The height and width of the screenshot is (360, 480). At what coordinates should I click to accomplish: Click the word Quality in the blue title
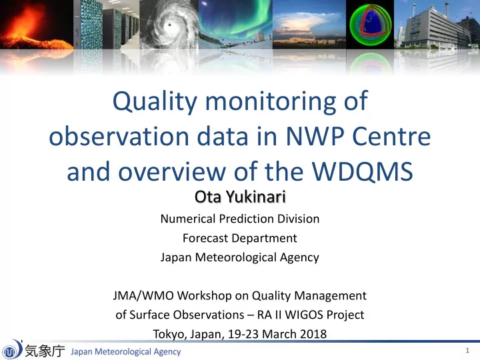tap(155, 102)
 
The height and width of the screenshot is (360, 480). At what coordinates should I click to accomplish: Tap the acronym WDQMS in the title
tap(363, 171)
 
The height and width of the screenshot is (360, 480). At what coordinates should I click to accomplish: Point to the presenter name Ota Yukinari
tap(240, 197)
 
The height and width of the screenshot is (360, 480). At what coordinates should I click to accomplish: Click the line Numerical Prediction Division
tap(240, 219)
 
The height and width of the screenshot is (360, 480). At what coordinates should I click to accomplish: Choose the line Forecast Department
tap(240, 238)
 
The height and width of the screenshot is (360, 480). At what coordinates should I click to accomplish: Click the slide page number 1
tap(467, 350)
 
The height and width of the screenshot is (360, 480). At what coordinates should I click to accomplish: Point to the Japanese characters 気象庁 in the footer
tap(45, 351)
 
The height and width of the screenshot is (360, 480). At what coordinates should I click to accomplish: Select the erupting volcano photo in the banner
tap(37, 25)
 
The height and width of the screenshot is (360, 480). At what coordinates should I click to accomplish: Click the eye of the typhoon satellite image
tap(169, 25)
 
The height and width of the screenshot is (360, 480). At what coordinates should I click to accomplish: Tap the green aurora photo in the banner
tap(235, 25)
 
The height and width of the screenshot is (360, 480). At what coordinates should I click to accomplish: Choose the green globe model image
tap(370, 25)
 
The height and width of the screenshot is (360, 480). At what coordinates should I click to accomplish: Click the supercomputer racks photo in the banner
tap(107, 25)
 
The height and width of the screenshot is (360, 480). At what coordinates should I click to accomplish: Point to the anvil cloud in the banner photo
tap(309, 21)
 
